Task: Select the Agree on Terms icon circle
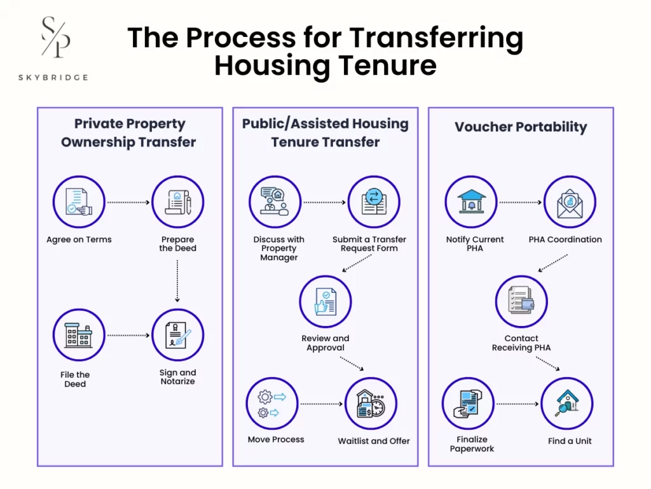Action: [x=79, y=202]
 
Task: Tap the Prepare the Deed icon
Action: [x=178, y=202]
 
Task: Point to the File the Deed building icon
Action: [x=79, y=335]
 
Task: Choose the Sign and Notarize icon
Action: [x=178, y=335]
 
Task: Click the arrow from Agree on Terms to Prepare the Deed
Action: [x=128, y=202]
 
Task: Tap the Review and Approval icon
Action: [x=325, y=301]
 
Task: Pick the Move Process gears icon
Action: [x=272, y=404]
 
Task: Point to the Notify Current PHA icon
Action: [x=471, y=202]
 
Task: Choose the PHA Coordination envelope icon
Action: [x=570, y=202]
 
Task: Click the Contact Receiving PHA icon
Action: [x=521, y=301]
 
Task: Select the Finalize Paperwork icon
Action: [x=468, y=404]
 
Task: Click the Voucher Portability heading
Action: [x=521, y=127]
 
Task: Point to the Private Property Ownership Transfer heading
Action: [x=128, y=132]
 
